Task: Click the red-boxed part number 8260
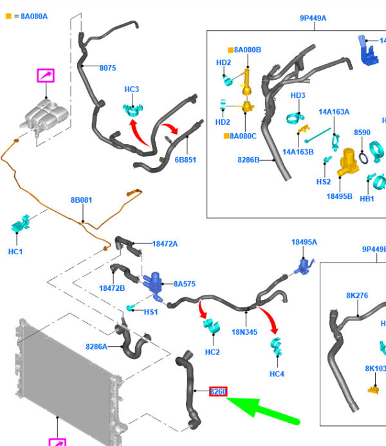click(218, 391)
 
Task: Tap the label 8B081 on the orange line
click(81, 200)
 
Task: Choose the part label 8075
click(108, 68)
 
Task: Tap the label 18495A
click(304, 242)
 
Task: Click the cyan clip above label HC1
click(21, 227)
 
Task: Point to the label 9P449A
click(313, 18)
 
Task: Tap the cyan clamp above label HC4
click(276, 348)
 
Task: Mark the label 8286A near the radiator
click(96, 346)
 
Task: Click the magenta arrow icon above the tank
click(46, 76)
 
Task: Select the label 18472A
click(165, 244)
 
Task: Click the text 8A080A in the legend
click(32, 16)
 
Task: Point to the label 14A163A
click(334, 111)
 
